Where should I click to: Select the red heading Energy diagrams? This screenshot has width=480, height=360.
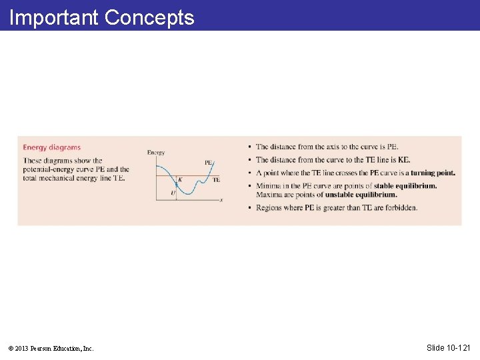click(x=51, y=147)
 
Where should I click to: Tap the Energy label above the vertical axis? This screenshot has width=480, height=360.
click(x=156, y=153)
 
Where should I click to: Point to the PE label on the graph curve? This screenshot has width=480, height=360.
click(x=208, y=162)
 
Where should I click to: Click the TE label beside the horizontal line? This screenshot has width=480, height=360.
click(x=216, y=179)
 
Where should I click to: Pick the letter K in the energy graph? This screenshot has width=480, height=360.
click(x=179, y=179)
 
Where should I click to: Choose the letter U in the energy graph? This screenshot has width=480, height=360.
click(x=173, y=193)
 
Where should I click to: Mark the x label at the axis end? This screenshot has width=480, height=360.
click(x=221, y=200)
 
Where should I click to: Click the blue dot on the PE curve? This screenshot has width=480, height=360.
click(x=175, y=185)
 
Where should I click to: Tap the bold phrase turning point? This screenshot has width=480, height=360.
click(x=433, y=173)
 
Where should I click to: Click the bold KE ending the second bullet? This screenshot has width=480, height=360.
click(x=403, y=160)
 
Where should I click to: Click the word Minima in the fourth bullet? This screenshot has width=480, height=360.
click(x=268, y=186)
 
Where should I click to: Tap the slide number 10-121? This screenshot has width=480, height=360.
click(x=457, y=347)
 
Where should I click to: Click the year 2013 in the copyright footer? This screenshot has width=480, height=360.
click(x=25, y=348)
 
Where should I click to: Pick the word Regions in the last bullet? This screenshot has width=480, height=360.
click(x=270, y=207)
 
